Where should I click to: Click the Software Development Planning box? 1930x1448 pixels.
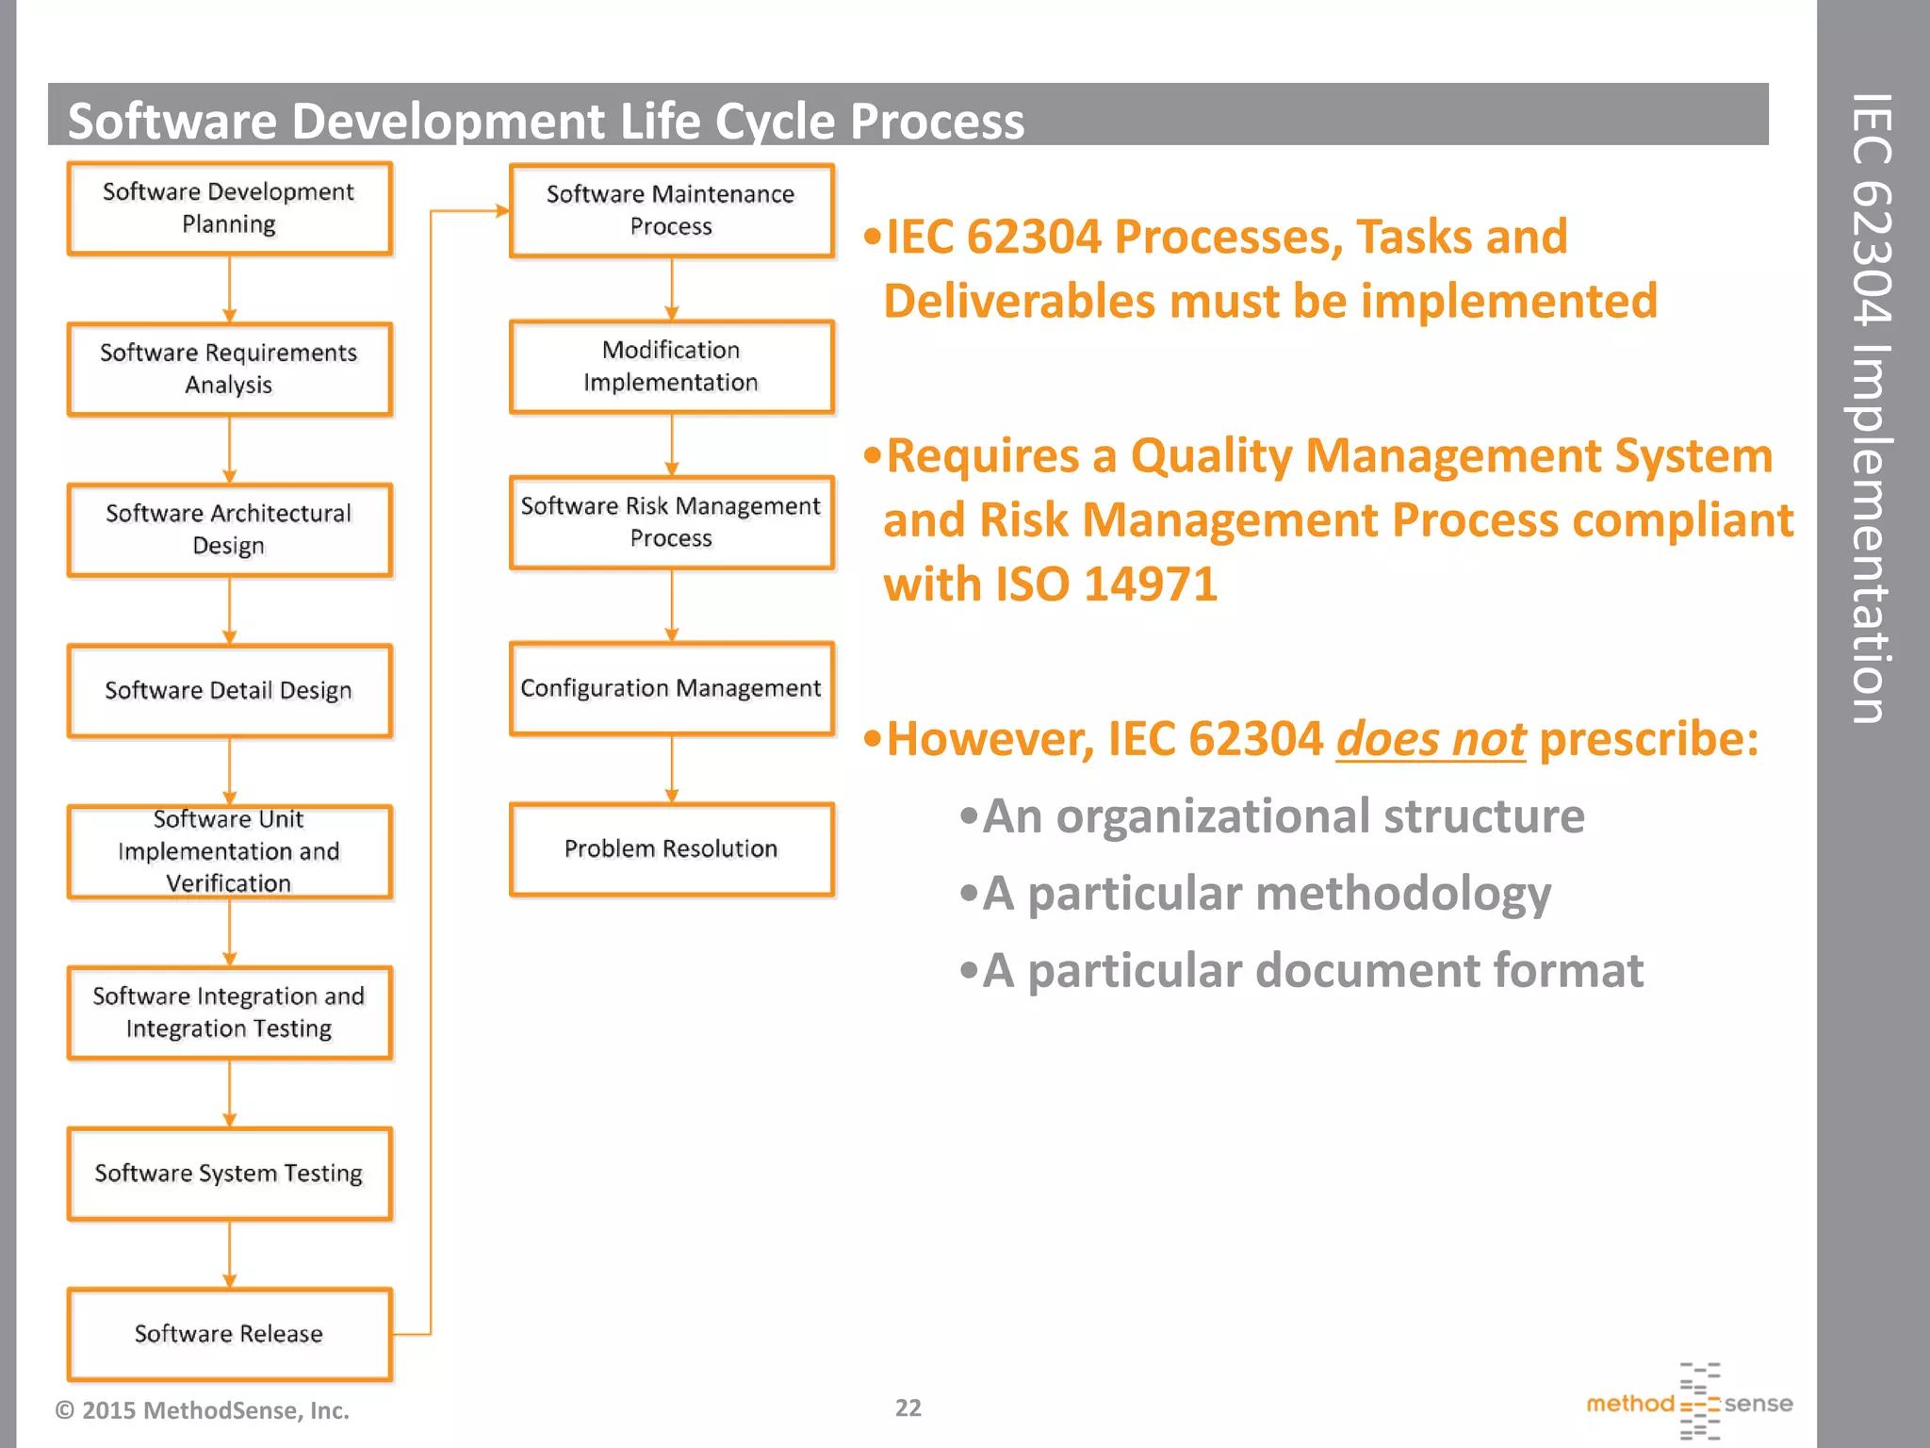pos(229,208)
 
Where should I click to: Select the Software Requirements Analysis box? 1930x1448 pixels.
pos(229,369)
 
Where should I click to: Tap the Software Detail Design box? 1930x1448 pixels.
pos(229,691)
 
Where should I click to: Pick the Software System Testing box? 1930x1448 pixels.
pos(229,1174)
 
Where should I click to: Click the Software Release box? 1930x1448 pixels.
pos(229,1334)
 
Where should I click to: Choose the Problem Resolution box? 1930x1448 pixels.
pos(671,848)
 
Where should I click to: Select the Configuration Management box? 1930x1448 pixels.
pos(671,688)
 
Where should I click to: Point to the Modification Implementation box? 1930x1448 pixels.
pos(671,367)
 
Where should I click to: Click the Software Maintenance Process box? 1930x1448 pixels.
pos(671,210)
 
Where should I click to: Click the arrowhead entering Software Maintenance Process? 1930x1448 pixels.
pos(502,211)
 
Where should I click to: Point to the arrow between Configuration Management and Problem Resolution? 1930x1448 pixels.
pos(671,768)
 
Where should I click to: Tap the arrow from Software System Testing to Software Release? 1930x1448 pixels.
pos(229,1254)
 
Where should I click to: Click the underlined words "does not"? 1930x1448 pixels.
pos(1431,739)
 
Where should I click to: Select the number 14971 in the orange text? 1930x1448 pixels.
pos(1151,584)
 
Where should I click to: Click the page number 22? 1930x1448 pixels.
pos(908,1407)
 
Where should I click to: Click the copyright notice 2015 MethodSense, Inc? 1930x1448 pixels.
pos(203,1410)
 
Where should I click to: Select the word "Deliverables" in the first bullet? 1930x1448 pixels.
pos(1019,302)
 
